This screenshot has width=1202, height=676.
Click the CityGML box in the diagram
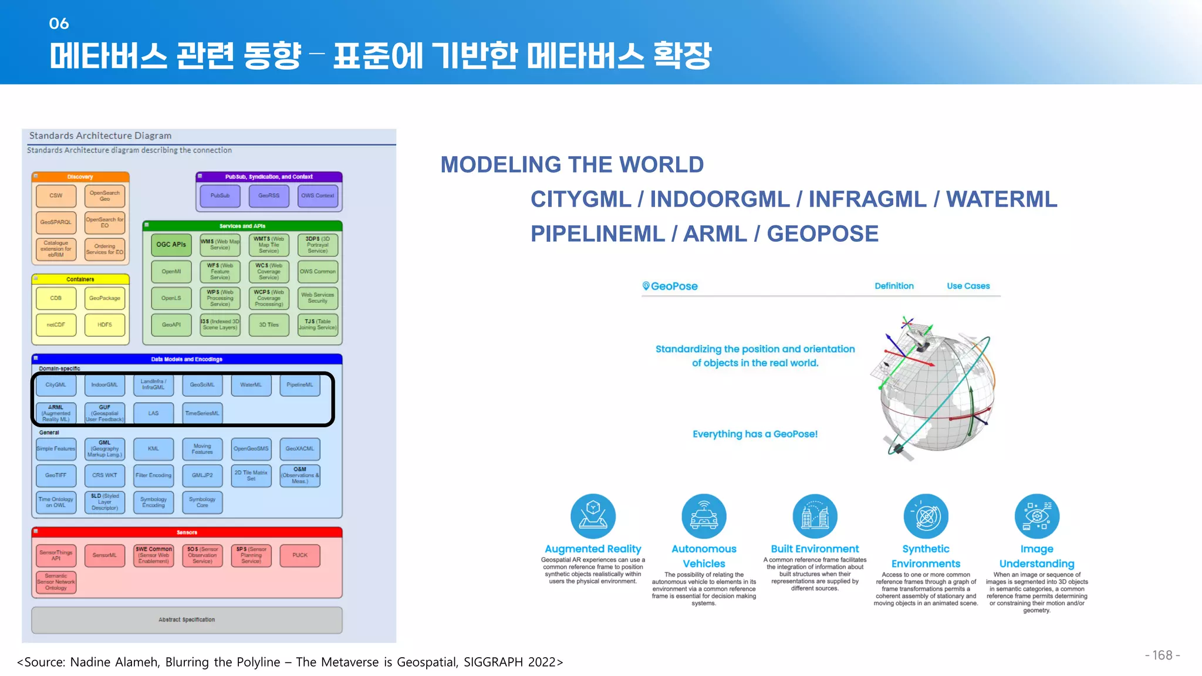point(56,385)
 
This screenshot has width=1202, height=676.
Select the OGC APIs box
point(171,245)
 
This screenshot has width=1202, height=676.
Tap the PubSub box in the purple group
point(220,196)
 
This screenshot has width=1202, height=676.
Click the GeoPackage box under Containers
point(104,298)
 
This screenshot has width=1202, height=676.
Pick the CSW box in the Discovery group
point(56,196)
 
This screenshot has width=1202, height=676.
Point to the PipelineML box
point(300,385)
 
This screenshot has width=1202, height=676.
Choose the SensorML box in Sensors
point(104,555)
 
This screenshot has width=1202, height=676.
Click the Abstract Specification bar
point(187,620)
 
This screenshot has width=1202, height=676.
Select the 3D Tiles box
point(269,325)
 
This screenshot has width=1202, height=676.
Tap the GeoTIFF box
point(56,475)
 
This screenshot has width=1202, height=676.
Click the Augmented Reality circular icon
point(593,516)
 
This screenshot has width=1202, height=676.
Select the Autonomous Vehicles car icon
point(704,516)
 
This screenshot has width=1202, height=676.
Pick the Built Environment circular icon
point(815,516)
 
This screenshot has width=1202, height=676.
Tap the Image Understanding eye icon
point(1036,516)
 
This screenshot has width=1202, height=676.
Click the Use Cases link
point(968,286)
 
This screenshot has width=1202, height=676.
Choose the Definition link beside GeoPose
point(894,286)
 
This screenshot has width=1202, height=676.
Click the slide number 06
point(59,23)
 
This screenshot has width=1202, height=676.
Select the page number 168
point(1162,655)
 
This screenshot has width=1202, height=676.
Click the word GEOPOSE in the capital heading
point(822,234)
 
